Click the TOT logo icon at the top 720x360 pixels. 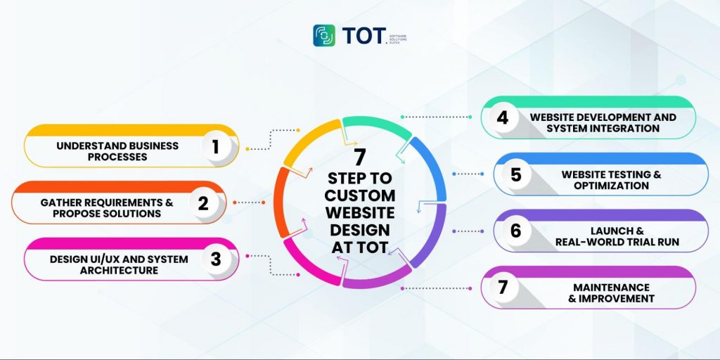(x=324, y=35)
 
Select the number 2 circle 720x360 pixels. (x=203, y=203)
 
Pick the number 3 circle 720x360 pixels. (x=215, y=259)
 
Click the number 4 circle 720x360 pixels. (x=502, y=117)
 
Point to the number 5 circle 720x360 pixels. (x=515, y=174)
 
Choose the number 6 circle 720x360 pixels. (x=515, y=231)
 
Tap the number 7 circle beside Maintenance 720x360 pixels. (x=502, y=287)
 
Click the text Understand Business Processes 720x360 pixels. (x=118, y=151)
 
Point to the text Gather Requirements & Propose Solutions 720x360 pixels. (x=106, y=207)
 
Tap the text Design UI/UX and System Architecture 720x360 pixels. (x=119, y=264)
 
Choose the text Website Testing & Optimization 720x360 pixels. (x=610, y=180)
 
